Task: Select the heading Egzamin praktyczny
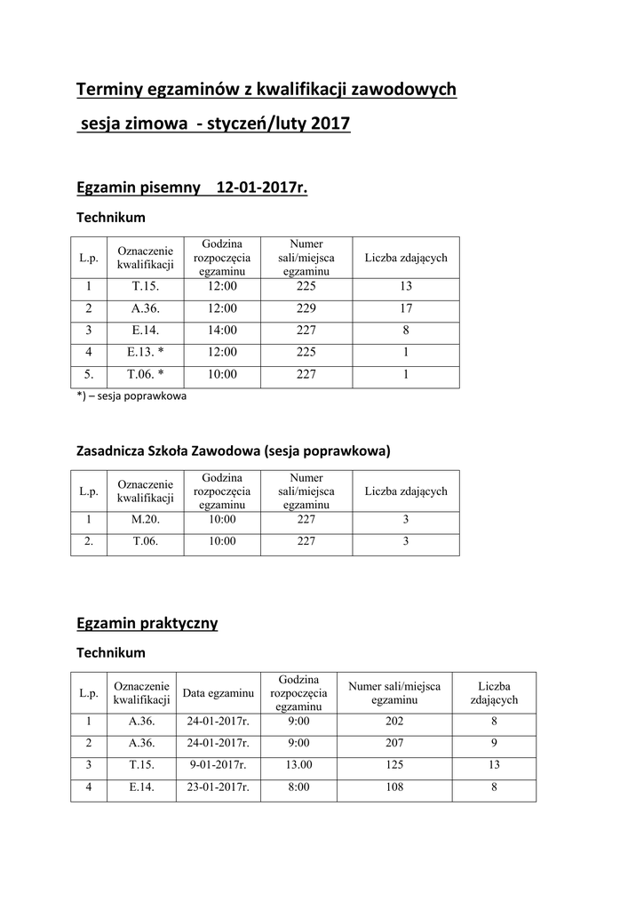[147, 623]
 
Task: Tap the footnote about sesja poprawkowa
[131, 396]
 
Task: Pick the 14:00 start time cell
[222, 329]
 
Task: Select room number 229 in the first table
[306, 307]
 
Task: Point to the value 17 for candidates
[406, 307]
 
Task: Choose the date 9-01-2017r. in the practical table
[218, 764]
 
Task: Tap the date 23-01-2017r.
[218, 786]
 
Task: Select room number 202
[394, 722]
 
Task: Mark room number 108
[394, 786]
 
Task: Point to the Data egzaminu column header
[218, 692]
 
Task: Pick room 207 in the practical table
[394, 743]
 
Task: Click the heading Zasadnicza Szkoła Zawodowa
[169, 451]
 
